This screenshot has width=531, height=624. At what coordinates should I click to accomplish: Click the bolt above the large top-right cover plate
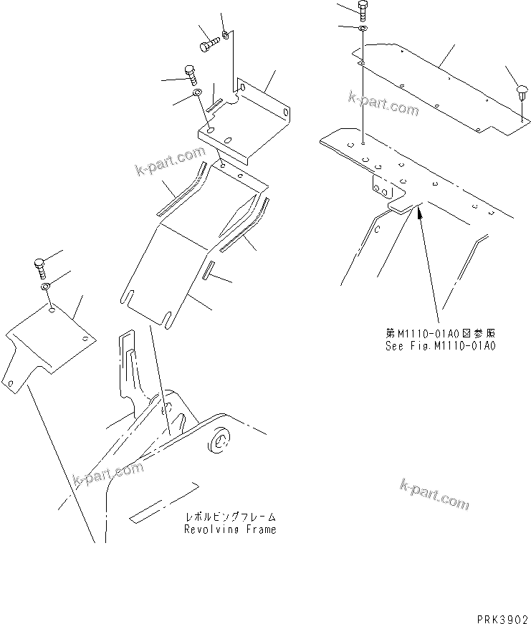click(362, 10)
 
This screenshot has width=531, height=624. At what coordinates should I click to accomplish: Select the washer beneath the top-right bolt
click(363, 28)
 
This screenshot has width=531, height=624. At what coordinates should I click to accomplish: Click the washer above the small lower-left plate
click(44, 287)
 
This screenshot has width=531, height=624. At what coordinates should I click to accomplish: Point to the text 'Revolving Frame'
click(229, 529)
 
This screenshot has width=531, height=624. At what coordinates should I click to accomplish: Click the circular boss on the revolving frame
click(219, 442)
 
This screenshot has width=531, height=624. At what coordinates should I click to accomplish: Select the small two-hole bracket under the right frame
click(383, 188)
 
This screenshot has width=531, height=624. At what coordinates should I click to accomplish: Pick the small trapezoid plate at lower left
click(50, 340)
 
